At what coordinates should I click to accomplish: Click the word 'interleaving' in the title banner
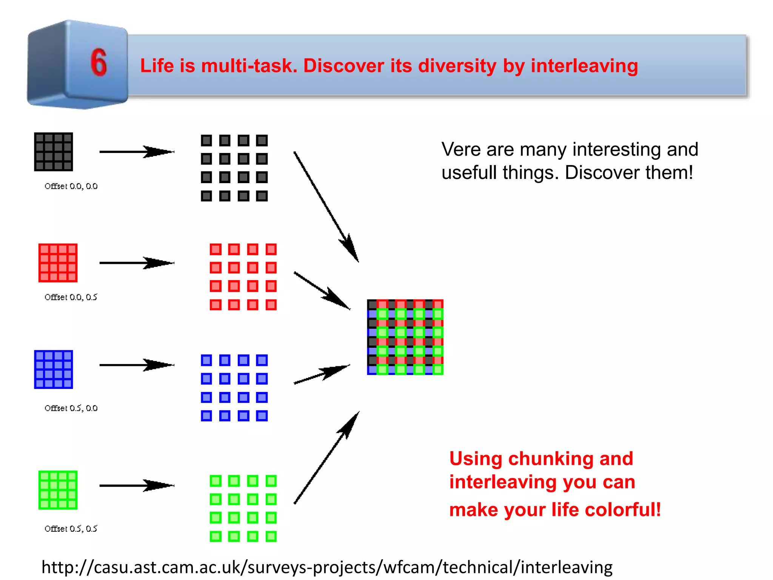pos(584,66)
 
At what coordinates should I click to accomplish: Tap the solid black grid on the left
pos(53,151)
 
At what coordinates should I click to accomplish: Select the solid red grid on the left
pos(58,263)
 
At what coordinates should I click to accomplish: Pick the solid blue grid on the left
pos(53,369)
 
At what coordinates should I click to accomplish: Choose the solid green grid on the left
pos(58,490)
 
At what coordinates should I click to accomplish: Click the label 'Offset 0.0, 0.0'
pos(71,186)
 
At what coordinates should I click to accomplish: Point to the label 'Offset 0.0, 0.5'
pos(71,297)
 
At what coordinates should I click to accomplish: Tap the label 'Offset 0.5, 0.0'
pos(71,408)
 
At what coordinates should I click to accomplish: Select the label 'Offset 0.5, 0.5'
pos(71,529)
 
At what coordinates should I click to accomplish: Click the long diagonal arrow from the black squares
pos(326,207)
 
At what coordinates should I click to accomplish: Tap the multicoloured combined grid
pos(405,337)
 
